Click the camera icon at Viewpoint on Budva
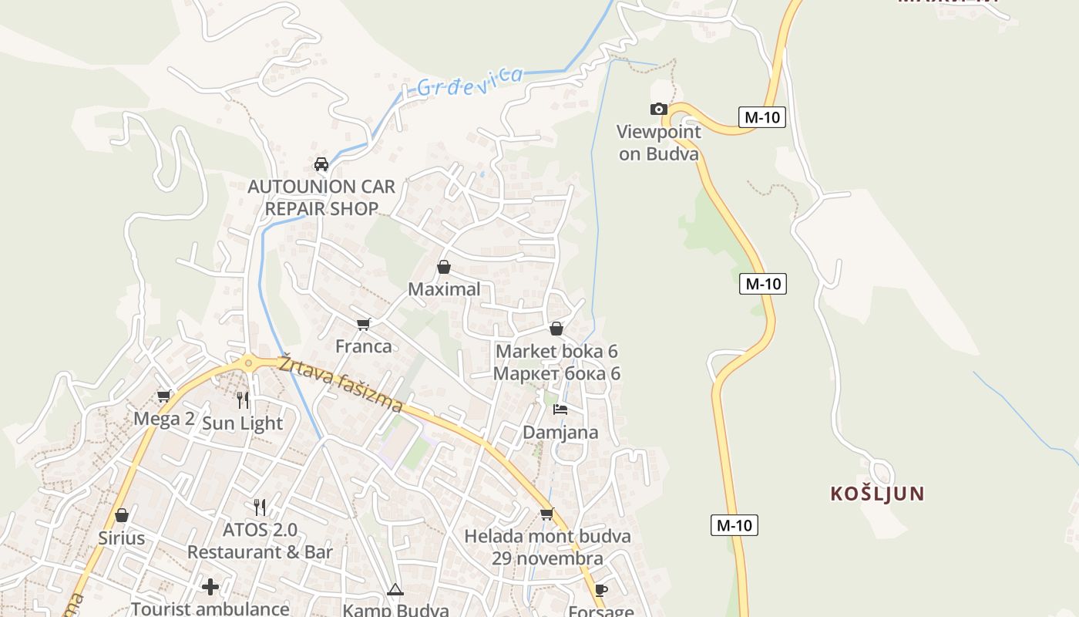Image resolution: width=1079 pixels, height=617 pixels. pyautogui.click(x=658, y=109)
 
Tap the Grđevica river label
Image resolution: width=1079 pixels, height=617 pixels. pyautogui.click(x=469, y=82)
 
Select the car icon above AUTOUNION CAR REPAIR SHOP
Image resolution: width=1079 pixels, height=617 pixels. pyautogui.click(x=321, y=164)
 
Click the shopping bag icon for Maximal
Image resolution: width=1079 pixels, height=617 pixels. pyautogui.click(x=444, y=267)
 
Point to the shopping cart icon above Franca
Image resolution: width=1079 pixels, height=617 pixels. pyautogui.click(x=364, y=324)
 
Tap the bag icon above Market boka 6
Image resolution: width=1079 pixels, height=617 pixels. pyautogui.click(x=556, y=329)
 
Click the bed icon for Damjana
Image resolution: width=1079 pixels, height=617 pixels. pyautogui.click(x=560, y=409)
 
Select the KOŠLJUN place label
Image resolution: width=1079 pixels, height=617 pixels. pyautogui.click(x=877, y=494)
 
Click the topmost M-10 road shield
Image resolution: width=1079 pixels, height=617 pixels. pyautogui.click(x=762, y=117)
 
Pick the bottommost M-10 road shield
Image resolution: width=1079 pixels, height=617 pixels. pyautogui.click(x=734, y=525)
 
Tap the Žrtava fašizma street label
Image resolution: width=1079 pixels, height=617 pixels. pyautogui.click(x=341, y=383)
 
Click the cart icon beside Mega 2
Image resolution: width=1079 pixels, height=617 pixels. pyautogui.click(x=163, y=396)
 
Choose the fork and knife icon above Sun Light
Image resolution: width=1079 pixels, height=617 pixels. pyautogui.click(x=243, y=400)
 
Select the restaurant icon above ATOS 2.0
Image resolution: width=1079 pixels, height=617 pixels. pyautogui.click(x=260, y=507)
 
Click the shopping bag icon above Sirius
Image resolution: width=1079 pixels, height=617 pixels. pyautogui.click(x=122, y=514)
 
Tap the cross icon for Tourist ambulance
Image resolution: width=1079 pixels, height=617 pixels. pyautogui.click(x=210, y=587)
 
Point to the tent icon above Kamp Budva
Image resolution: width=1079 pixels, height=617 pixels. pyautogui.click(x=395, y=590)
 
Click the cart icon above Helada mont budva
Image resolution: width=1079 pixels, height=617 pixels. pyautogui.click(x=547, y=514)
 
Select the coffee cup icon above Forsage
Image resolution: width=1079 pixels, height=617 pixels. pyautogui.click(x=601, y=590)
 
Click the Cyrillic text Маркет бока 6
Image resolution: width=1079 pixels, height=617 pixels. pyautogui.click(x=556, y=373)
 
